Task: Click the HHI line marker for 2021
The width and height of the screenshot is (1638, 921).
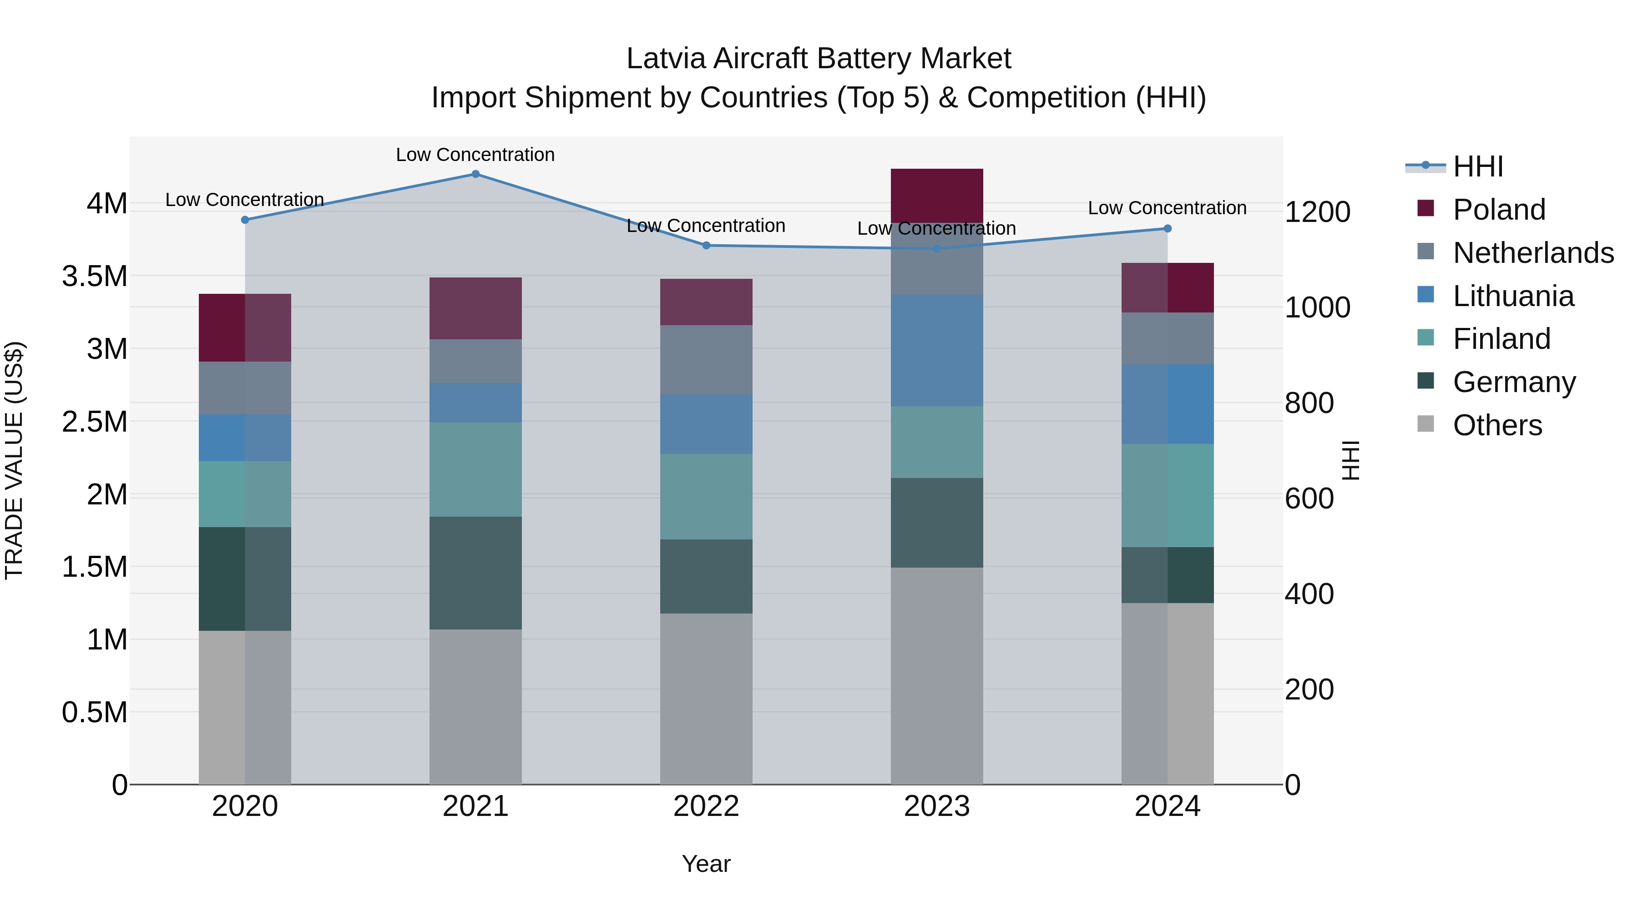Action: pyautogui.click(x=475, y=174)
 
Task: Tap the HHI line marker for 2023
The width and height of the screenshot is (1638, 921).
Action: pyautogui.click(x=937, y=248)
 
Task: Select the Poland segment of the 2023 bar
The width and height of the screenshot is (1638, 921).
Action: pyautogui.click(x=937, y=196)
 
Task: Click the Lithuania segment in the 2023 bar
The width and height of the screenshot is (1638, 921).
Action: pyautogui.click(x=937, y=350)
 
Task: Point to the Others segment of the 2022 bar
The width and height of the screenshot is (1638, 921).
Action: pyautogui.click(x=706, y=699)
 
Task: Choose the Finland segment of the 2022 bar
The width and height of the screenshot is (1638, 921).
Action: pyautogui.click(x=706, y=496)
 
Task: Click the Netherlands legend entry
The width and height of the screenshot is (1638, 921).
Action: pyautogui.click(x=1533, y=253)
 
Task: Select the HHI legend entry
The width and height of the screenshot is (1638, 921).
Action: pyautogui.click(x=1478, y=166)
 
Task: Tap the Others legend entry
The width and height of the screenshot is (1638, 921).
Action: pyautogui.click(x=1497, y=425)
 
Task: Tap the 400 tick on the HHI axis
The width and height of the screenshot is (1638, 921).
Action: pyautogui.click(x=1309, y=594)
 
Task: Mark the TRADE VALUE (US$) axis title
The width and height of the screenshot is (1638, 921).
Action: pyautogui.click(x=14, y=460)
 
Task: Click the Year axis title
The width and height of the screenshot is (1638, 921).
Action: pyautogui.click(x=706, y=864)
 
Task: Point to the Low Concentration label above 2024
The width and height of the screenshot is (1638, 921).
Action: pyautogui.click(x=1167, y=208)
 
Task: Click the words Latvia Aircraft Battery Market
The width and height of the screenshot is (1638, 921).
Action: pyautogui.click(x=819, y=59)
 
